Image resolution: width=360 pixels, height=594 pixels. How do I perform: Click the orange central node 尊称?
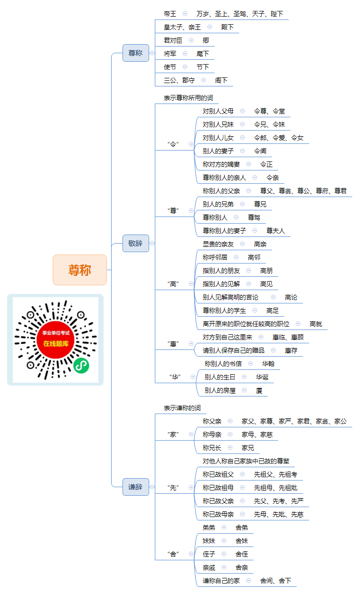coord(80,270)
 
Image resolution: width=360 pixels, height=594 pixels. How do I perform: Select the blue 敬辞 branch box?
coord(135,243)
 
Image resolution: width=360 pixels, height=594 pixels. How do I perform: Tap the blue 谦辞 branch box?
coord(135,487)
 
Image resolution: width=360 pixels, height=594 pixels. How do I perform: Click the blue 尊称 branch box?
coord(135,53)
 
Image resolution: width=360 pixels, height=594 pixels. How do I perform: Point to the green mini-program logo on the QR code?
coord(81,366)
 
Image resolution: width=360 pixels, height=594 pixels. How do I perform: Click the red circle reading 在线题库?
coord(56,339)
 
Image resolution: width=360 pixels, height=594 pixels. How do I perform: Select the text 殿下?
coord(227,27)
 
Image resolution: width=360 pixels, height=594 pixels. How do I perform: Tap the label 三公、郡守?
coord(179,80)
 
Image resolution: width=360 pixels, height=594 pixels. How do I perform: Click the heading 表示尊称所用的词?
coord(189,98)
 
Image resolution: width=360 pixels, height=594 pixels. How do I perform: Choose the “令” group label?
coord(173,144)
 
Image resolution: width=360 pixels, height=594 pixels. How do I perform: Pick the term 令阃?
coord(260,151)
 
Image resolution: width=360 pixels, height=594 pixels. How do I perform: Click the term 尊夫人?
coord(275,231)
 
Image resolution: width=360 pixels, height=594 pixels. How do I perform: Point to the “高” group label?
coord(173,284)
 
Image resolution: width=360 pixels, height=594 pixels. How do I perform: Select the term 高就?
coord(316,324)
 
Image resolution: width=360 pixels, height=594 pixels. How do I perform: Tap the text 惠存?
coord(291,350)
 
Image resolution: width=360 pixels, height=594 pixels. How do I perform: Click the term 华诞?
coord(262,377)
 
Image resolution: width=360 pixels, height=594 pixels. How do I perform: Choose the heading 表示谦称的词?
coord(182,408)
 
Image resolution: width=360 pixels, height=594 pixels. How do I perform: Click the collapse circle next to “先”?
coord(191,487)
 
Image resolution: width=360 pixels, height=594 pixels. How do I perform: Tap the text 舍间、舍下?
coord(275,581)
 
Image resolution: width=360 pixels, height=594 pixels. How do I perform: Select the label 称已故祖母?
coord(218,488)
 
